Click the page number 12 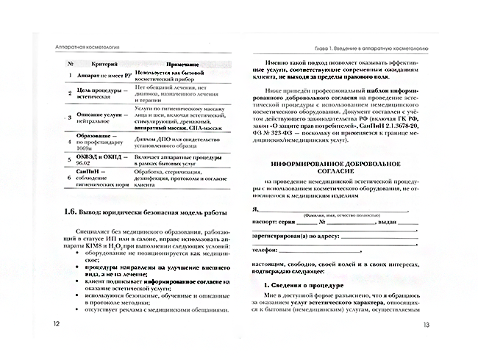[49, 323]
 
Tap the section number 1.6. [71, 212]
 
